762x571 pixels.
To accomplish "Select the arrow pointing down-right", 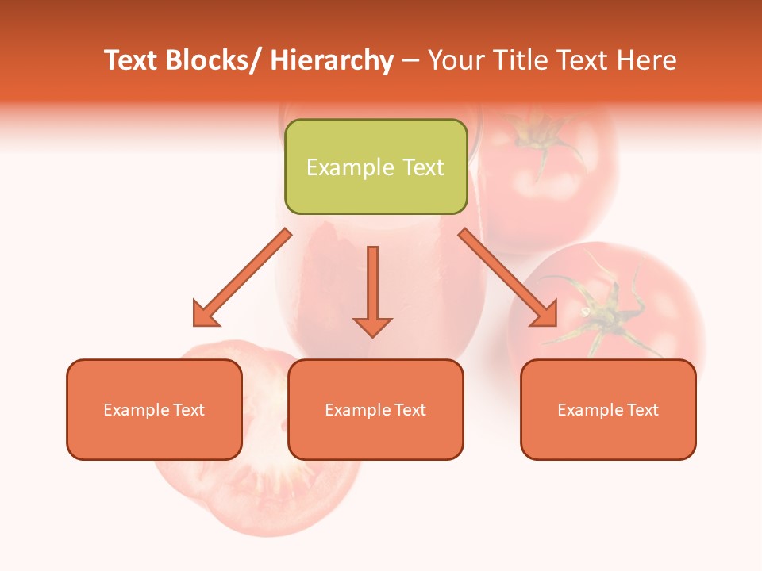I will [509, 278].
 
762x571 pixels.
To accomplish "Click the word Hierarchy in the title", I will [332, 60].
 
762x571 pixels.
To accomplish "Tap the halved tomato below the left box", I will [254, 492].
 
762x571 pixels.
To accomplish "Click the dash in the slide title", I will [410, 62].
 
